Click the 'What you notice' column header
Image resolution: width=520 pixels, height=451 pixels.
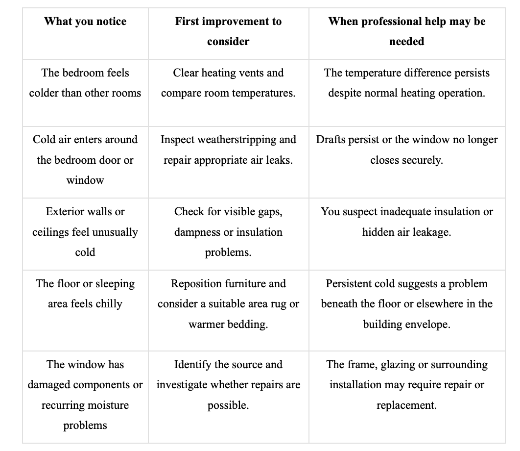coord(85,21)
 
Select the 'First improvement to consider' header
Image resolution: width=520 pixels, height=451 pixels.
coord(228,31)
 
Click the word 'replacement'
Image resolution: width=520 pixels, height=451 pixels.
coord(406,405)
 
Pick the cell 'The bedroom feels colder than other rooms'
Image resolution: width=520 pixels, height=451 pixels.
coord(85,83)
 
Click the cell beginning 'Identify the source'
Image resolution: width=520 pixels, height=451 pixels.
coord(229,385)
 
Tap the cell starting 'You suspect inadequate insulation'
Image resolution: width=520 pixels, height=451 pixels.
coord(407,222)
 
